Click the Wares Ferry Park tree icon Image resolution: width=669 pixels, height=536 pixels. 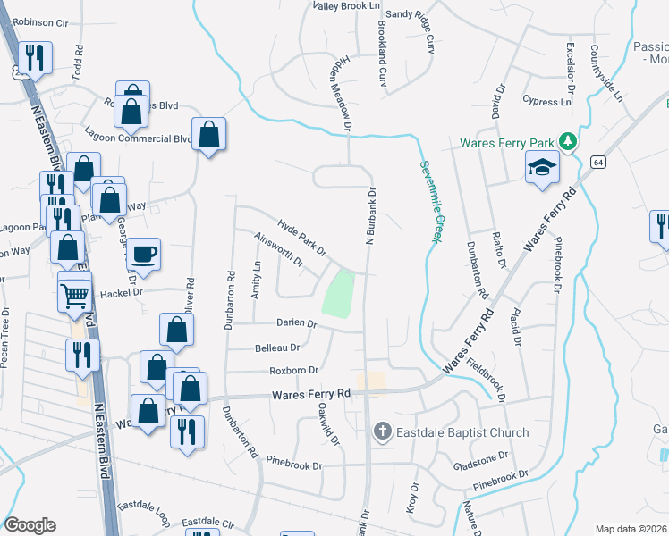click(566, 141)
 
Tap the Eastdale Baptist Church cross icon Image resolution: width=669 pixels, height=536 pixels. click(382, 432)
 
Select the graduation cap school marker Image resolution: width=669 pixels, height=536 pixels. click(541, 167)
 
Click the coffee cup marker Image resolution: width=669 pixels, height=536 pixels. click(144, 254)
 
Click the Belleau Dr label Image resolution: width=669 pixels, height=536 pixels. click(277, 347)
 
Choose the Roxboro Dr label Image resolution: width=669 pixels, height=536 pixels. click(294, 370)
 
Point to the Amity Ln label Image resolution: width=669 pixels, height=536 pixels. click(257, 279)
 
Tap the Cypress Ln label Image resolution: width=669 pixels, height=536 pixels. click(546, 102)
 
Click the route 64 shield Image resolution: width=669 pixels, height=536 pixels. click(598, 161)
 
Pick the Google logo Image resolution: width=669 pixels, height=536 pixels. click(30, 525)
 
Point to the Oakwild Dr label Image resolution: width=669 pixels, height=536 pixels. click(329, 423)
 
